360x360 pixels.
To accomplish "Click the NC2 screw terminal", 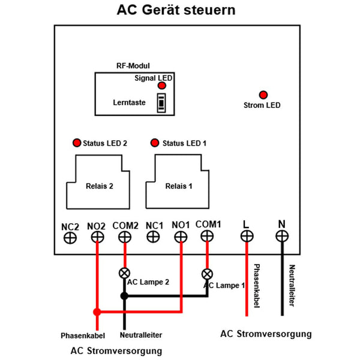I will point(70,238).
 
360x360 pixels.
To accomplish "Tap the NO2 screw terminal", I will point(97,238).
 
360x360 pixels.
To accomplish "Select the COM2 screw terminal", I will point(125,238).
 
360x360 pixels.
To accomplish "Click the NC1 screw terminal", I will point(154,238).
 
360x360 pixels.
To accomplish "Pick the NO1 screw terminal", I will point(181,238).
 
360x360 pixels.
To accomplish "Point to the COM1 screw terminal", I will point(208,238).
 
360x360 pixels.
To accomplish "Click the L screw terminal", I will point(246,237).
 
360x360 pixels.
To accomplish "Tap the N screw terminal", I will point(281,237).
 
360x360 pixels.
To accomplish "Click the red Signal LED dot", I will point(161,86).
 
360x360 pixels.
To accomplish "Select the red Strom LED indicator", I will point(262,95).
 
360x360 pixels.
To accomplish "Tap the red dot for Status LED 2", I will point(76,143).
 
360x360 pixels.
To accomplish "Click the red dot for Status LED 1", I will point(155,143).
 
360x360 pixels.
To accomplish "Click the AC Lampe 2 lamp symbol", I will point(125,272).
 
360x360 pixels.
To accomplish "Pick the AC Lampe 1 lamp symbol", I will point(207,274).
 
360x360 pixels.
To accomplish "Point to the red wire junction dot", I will point(97,311).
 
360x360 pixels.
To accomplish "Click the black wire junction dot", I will point(124,296).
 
